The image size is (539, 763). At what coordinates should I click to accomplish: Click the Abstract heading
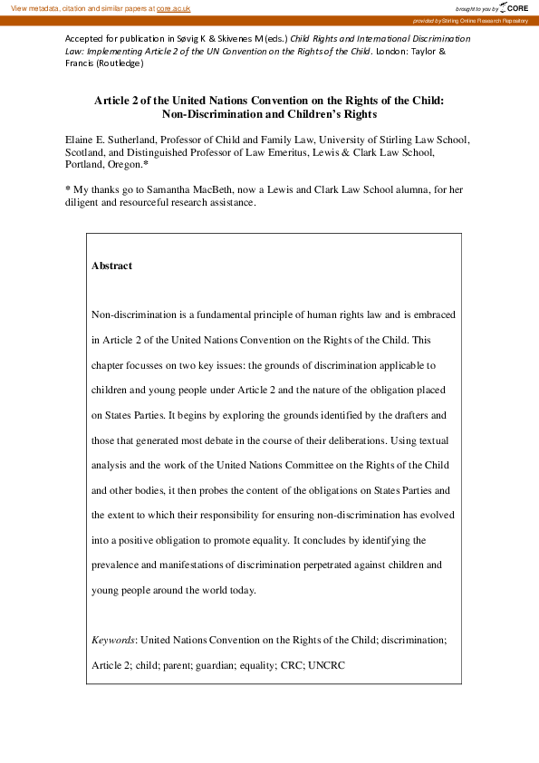tap(111, 266)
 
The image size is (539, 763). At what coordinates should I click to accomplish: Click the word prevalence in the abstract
tap(122, 565)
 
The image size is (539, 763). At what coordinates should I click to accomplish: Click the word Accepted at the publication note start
tap(85, 40)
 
